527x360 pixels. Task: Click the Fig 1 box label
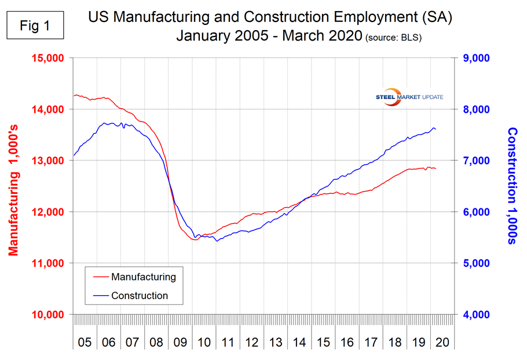pos(35,27)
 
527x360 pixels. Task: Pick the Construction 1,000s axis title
pos(512,186)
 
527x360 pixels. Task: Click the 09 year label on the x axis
pos(181,341)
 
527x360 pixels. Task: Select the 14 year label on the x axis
pos(299,341)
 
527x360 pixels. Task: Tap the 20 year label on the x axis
pos(443,341)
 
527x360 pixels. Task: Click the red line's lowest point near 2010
pos(195,240)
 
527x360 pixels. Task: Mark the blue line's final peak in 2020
pos(433,128)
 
